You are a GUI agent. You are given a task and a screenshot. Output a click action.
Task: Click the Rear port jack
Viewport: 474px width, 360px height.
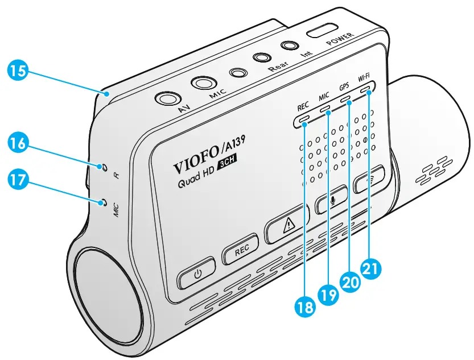[x=262, y=58]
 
